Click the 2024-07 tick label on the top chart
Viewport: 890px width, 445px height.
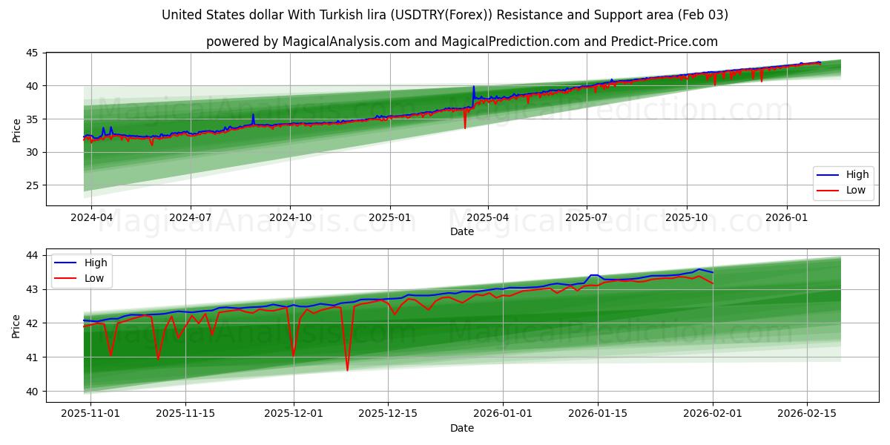(x=191, y=217)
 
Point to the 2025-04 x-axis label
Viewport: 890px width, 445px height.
(x=488, y=217)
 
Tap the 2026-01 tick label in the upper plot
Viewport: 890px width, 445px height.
(x=786, y=217)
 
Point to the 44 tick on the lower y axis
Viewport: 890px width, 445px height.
(x=33, y=255)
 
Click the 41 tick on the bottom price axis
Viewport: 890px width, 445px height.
(x=33, y=357)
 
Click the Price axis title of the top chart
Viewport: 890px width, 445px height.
(x=16, y=129)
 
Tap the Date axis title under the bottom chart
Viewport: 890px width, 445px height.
(x=461, y=428)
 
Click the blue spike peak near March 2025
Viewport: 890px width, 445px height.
(x=473, y=87)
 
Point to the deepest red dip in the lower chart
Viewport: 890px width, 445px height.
(x=347, y=370)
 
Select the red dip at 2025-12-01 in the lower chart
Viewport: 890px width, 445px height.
(x=294, y=356)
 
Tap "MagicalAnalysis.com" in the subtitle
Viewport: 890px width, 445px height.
(x=346, y=42)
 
